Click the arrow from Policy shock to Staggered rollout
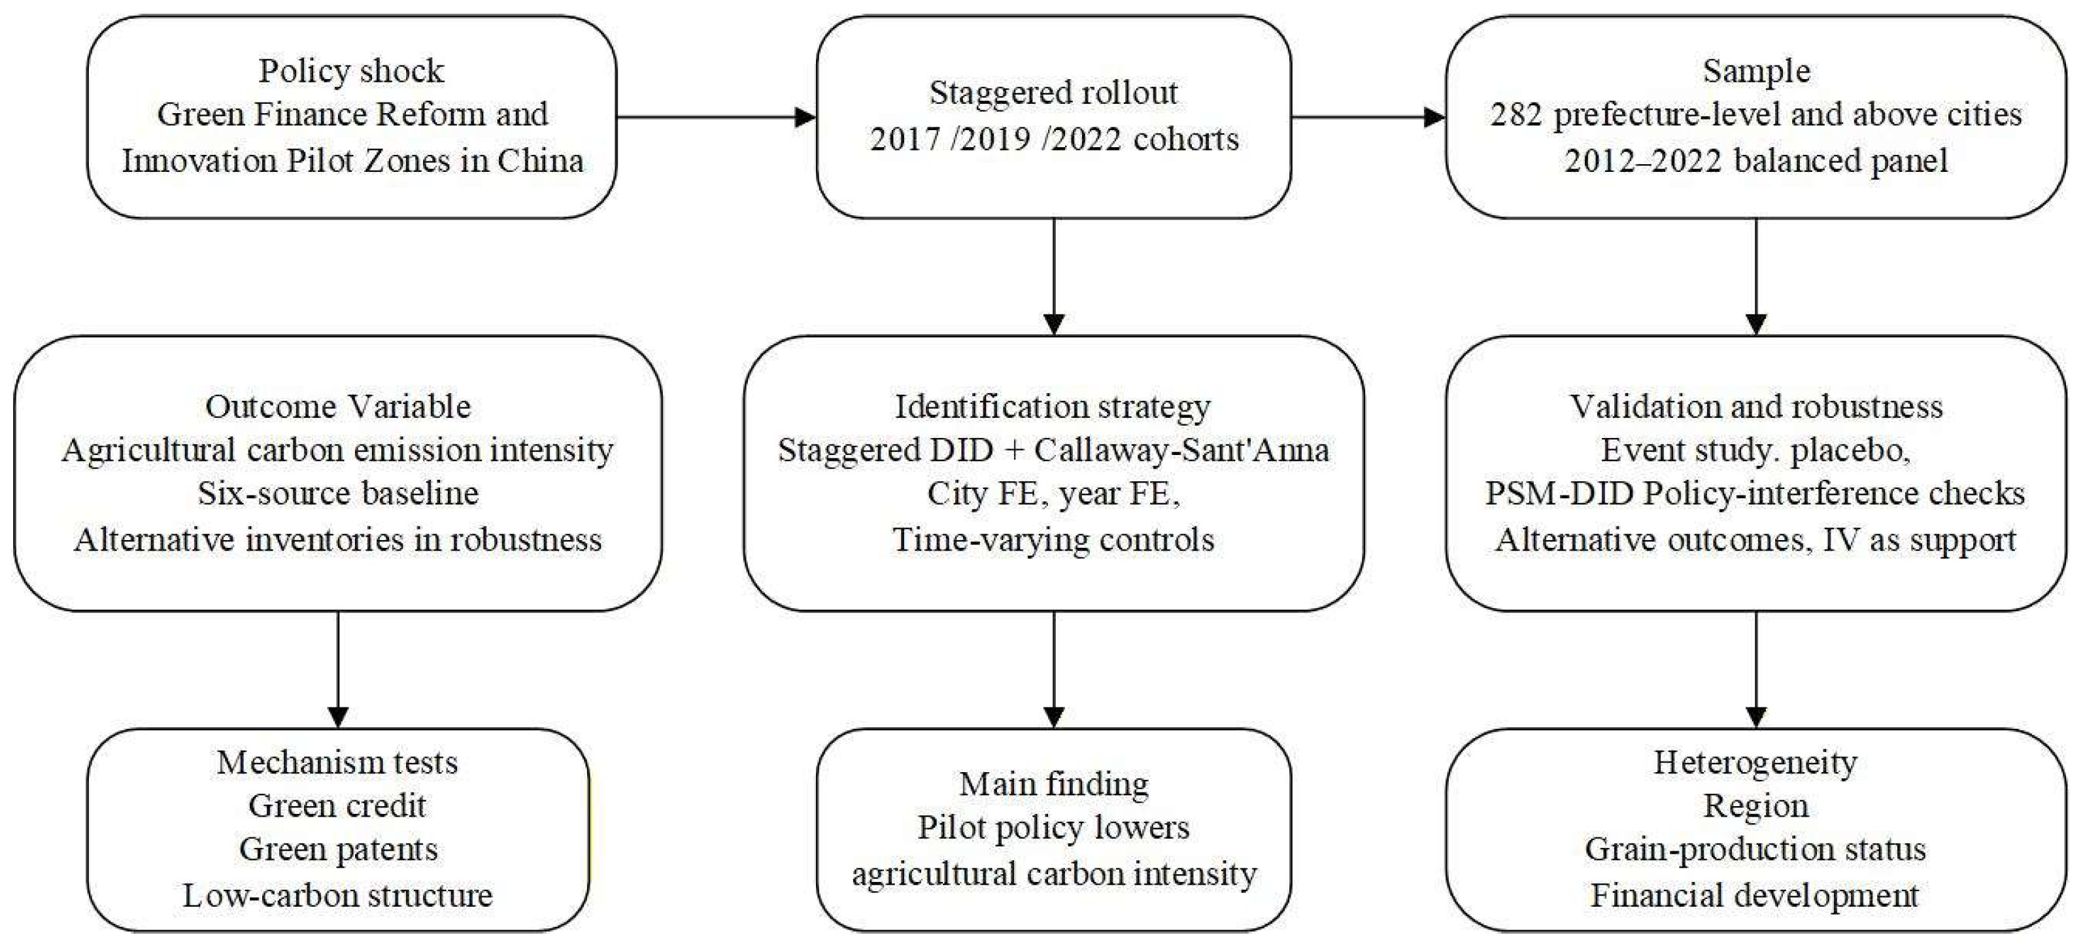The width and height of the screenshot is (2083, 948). coord(716,117)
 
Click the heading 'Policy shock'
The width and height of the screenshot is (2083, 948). coord(351,71)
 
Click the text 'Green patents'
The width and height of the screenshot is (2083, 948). coord(338,849)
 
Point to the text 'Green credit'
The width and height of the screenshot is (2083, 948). coord(337,805)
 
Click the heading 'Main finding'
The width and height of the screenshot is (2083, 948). coord(1054,784)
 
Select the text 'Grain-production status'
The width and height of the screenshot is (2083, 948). coord(1755,849)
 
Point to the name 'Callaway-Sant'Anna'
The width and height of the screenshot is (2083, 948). coord(1181,450)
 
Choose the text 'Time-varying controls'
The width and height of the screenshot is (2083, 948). coord(1054,539)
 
